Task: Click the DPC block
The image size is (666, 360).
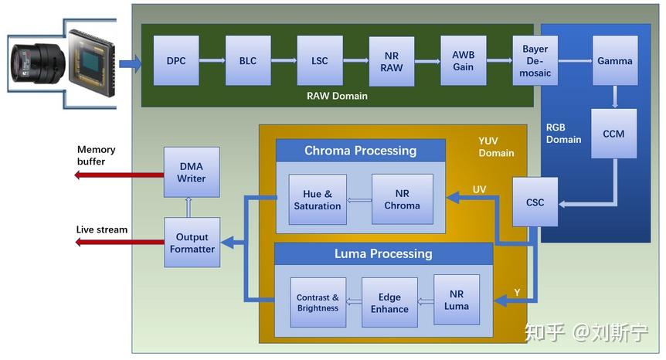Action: coord(176,61)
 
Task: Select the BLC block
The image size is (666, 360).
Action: coord(248,61)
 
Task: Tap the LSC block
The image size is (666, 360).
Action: coord(319,61)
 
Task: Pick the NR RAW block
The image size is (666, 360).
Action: coord(391,61)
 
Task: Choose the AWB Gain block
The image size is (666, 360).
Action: coord(464,61)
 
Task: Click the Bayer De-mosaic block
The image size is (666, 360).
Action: coord(535,61)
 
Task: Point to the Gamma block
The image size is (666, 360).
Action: coord(614,61)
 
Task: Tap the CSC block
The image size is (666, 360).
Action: coord(535,202)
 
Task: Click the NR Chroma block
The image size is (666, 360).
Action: coord(402,199)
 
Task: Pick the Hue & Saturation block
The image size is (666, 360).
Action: coord(317,199)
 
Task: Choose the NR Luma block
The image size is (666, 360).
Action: coord(456,300)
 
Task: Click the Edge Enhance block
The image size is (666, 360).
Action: coord(389,303)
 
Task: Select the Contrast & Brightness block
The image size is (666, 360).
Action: coord(318,303)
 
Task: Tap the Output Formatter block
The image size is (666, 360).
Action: coord(192,243)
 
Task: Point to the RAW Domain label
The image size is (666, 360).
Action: coord(337,97)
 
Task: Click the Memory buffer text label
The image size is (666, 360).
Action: coord(96,155)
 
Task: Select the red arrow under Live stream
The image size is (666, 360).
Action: coord(119,243)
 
